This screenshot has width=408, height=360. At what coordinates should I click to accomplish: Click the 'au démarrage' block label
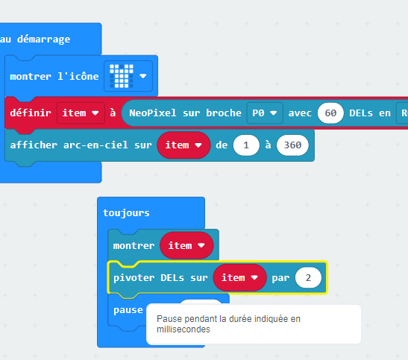point(35,40)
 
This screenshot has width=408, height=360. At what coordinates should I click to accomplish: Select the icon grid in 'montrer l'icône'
point(122,76)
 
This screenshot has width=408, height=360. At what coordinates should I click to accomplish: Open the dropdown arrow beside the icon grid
point(143,76)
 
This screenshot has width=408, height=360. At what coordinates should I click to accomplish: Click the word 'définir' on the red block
point(31,113)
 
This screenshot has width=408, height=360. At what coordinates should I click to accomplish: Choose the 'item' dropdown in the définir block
point(81,113)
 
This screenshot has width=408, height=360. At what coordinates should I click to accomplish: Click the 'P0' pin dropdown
point(265,113)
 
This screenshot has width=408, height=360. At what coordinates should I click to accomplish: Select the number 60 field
point(330,113)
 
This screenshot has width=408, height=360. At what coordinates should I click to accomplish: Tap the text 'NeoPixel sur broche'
point(185,113)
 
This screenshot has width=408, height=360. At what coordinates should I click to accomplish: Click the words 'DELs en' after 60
point(370,113)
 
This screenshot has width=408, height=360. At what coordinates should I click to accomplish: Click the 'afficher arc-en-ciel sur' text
point(81,145)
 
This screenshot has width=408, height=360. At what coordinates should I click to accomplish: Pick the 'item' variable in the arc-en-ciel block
point(183,145)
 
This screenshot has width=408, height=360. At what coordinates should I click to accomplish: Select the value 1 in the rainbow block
point(246,145)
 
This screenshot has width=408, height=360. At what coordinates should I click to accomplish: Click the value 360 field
point(292,145)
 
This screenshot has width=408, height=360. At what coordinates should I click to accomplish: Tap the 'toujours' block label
point(126,213)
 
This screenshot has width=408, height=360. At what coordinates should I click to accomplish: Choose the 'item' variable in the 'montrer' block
point(186,245)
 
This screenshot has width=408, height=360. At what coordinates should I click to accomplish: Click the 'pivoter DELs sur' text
point(160,277)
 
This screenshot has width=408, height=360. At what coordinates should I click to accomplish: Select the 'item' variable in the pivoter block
point(239,277)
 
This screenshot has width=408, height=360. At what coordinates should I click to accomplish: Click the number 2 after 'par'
point(308,277)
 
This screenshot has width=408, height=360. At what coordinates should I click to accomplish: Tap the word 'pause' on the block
point(128,310)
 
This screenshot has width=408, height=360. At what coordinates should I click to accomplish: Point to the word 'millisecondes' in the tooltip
point(183,329)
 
